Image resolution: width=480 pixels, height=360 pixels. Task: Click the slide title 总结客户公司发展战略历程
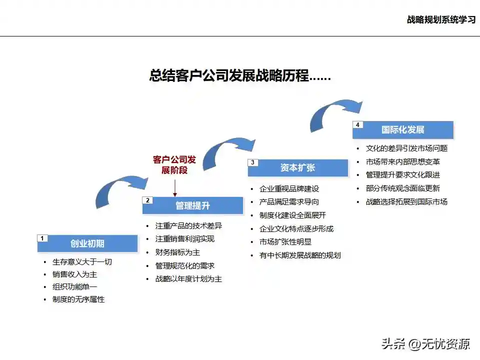(x=240, y=76)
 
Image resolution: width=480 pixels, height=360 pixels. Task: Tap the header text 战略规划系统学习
(x=440, y=20)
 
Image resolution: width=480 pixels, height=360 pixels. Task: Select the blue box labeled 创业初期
(x=87, y=243)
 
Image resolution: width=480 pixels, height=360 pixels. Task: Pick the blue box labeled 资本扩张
(x=297, y=168)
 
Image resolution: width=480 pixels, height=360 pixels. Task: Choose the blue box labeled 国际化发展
(x=402, y=129)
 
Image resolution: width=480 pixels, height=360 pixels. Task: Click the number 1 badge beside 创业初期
(x=42, y=238)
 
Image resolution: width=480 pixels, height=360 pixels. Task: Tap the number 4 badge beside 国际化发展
(x=357, y=124)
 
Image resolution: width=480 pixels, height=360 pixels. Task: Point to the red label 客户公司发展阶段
(x=174, y=165)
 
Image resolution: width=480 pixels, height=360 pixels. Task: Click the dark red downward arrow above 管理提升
(x=175, y=188)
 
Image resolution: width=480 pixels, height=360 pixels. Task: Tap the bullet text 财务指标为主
(x=177, y=252)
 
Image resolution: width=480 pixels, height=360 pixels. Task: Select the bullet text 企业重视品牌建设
(x=289, y=189)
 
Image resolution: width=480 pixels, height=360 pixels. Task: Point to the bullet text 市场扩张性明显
(x=285, y=242)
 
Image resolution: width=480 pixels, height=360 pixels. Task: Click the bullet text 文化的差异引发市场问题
(x=406, y=148)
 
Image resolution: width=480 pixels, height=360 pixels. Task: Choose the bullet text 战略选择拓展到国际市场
(x=406, y=202)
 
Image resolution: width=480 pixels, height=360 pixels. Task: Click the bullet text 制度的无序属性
(x=78, y=299)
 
